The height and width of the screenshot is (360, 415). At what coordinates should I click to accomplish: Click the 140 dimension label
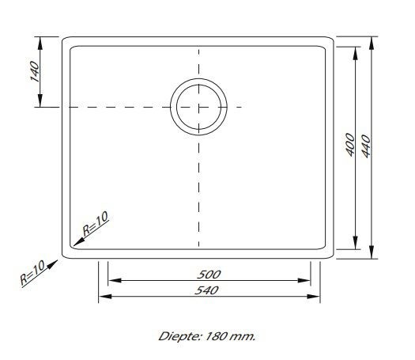coord(32,72)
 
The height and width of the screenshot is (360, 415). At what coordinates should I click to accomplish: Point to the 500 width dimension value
coord(210,274)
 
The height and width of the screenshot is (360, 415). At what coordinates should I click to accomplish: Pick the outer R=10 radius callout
coord(32,271)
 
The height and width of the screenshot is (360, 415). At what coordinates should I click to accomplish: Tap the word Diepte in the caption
coord(177,335)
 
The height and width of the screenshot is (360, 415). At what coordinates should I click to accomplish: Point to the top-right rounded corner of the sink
coord(328,40)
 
